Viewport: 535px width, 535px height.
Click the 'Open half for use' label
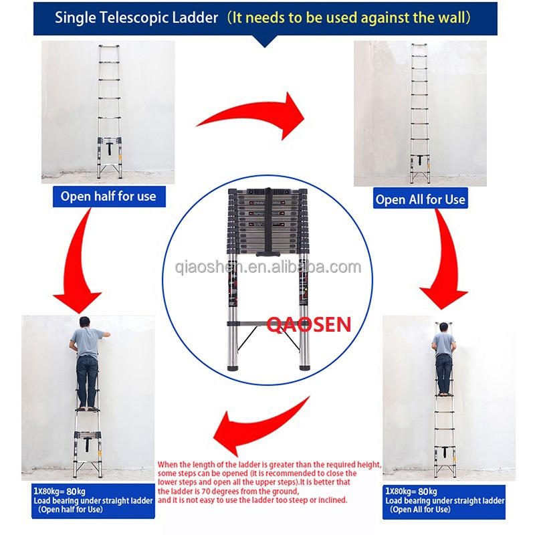[108, 196]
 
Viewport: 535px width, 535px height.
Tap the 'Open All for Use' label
[420, 199]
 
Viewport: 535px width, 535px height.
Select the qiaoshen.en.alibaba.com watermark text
[267, 267]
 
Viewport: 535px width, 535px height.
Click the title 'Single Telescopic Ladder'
[137, 18]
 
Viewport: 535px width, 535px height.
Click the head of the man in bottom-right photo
[443, 327]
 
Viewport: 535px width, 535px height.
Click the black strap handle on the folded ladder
[267, 221]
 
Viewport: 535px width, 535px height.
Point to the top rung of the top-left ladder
[109, 48]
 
